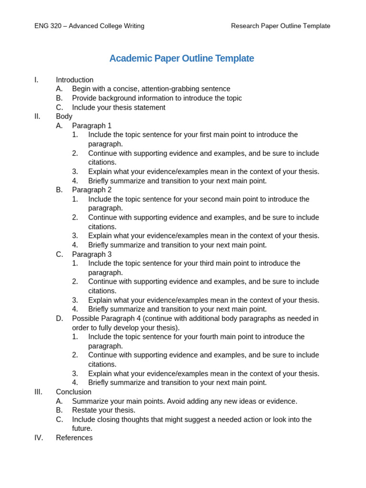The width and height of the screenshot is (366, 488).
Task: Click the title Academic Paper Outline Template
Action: pos(182,58)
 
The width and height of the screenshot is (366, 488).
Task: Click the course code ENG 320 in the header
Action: pos(48,26)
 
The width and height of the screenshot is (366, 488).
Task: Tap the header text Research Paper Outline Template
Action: pos(280,26)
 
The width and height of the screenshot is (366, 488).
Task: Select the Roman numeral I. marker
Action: pos(36,80)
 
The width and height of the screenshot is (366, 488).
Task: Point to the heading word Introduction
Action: pos(74,80)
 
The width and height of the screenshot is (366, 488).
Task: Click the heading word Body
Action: pos(64,116)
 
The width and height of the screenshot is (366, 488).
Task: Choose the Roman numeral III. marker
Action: pos(38,392)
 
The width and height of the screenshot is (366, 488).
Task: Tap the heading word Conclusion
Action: pos(73,392)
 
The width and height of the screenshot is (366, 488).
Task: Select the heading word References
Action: pos(74,437)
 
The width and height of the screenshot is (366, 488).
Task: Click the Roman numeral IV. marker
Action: pos(39,437)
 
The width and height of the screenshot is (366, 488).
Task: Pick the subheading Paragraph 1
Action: pos(91,125)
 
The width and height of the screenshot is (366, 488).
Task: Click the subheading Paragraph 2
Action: pos(91,190)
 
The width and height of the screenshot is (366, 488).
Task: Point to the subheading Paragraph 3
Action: pos(91,254)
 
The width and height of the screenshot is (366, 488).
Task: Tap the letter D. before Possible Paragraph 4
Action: pos(59,318)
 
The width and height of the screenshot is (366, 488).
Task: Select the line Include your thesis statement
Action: pos(119,107)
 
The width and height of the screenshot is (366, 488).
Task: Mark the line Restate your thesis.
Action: pos(103,410)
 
